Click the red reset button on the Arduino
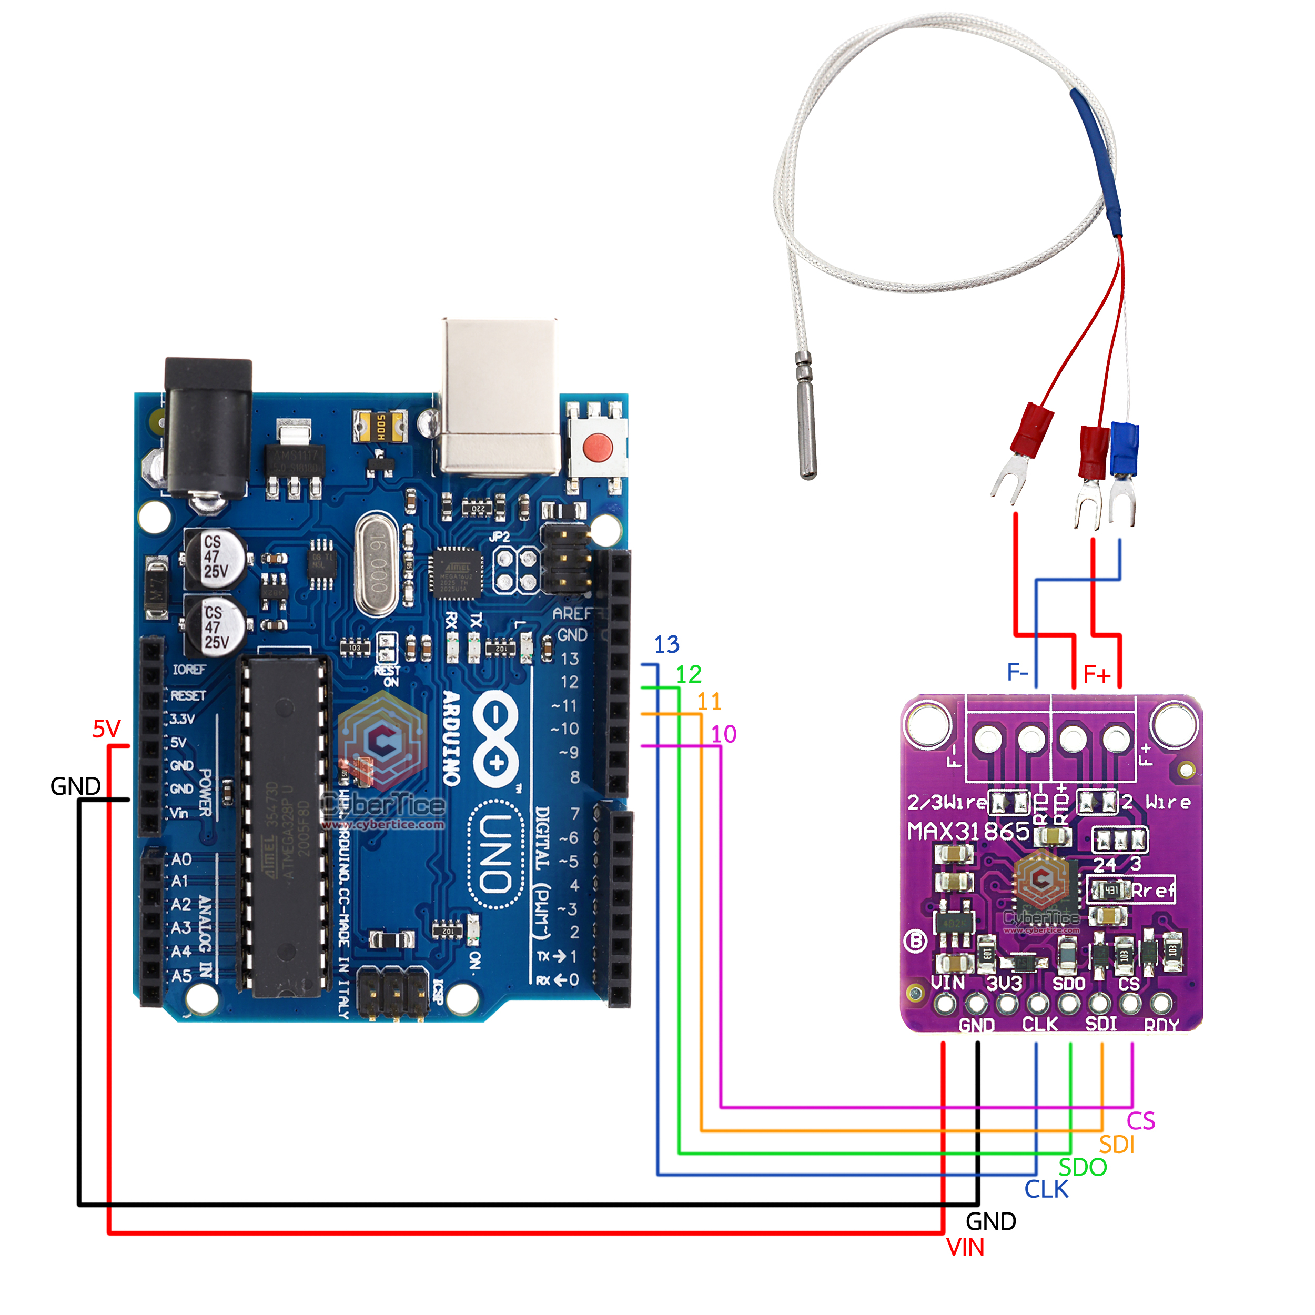coord(598,447)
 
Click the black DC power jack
coord(208,429)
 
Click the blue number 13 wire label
coord(666,644)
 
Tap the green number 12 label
coord(688,674)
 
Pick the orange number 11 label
coord(709,702)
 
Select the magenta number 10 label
coord(724,734)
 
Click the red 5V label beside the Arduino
coord(106,729)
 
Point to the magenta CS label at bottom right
coord(1141,1121)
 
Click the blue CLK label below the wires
coord(1046,1190)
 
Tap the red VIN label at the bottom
coord(965,1248)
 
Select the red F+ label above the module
coord(1097,674)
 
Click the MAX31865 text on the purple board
coord(968,831)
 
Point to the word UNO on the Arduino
coord(495,854)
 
